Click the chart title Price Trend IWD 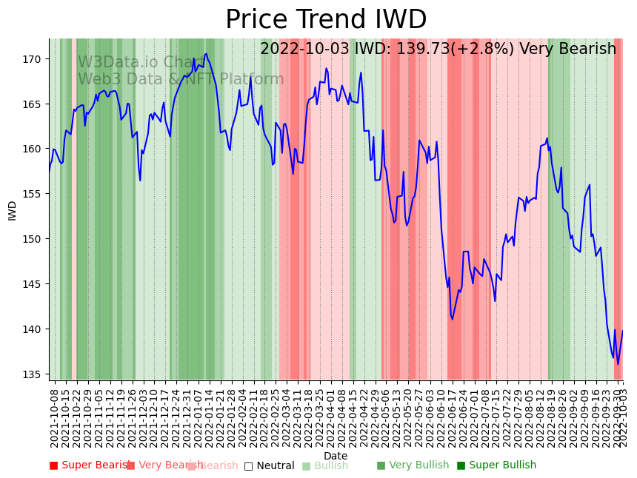pyautogui.click(x=326, y=20)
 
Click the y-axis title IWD pyautogui.click(x=13, y=210)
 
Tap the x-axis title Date pyautogui.click(x=336, y=456)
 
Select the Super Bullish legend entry pyautogui.click(x=496, y=465)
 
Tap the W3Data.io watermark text pyautogui.click(x=119, y=63)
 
